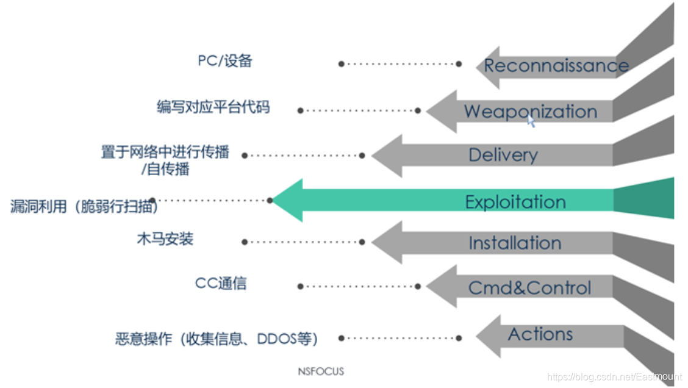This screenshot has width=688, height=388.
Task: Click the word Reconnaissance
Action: [556, 65]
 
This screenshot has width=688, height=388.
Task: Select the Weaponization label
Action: [530, 111]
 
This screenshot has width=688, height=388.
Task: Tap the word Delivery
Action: [503, 155]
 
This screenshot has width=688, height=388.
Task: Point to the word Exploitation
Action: [515, 201]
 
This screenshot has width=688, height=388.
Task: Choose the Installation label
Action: [514, 243]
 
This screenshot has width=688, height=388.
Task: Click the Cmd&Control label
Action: [529, 287]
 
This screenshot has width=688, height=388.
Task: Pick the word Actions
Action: [540, 334]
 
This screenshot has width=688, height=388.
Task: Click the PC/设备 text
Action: [224, 61]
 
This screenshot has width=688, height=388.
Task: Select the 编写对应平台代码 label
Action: [213, 107]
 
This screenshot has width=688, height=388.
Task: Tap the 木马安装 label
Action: [165, 239]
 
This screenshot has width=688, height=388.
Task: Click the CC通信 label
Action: [221, 283]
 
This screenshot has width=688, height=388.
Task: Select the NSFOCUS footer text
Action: [321, 371]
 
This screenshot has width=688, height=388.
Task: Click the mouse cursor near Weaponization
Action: [531, 121]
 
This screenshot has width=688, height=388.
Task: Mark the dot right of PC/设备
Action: [342, 63]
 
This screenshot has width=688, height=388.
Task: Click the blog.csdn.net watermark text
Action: [614, 377]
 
